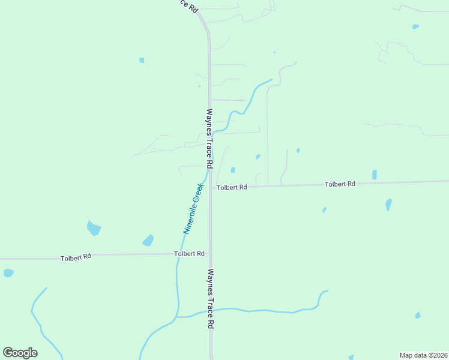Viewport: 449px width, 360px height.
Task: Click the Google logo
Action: [20, 353]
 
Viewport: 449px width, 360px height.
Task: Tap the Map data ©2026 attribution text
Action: [423, 355]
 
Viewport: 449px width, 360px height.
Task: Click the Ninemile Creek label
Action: [194, 208]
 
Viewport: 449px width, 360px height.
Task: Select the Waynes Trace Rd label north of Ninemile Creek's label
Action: [209, 138]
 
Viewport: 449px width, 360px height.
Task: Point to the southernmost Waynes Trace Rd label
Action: [210, 298]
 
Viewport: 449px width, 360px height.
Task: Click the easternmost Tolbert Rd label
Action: [340, 184]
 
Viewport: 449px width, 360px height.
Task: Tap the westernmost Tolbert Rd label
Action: [76, 257]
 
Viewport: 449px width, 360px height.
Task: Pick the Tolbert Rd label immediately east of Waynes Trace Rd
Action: [232, 187]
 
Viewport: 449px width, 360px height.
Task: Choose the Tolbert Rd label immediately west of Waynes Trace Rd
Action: [189, 254]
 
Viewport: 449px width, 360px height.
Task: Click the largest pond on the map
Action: [94, 228]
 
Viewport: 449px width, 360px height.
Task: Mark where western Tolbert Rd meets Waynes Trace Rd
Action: [210, 254]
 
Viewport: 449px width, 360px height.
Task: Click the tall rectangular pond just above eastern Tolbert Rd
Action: [375, 175]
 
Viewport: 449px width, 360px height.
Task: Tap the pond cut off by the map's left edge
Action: [8, 273]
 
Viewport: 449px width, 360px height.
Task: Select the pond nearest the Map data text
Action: [418, 315]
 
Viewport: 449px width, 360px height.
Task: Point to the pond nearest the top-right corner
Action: [415, 26]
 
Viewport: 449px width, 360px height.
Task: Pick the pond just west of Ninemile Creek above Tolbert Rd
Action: [148, 241]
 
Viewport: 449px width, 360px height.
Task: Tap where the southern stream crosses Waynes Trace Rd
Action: [211, 310]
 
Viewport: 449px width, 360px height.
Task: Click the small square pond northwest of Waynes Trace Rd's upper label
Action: [142, 60]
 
